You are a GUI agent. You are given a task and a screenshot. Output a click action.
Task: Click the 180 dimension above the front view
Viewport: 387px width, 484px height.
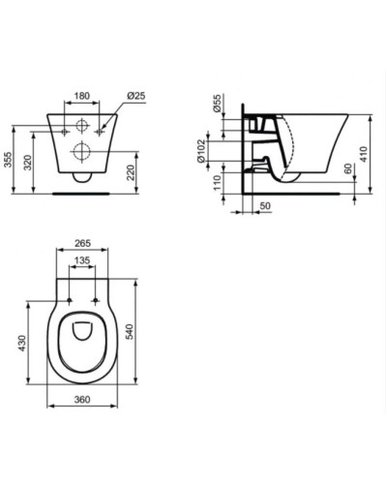pos(82,97)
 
